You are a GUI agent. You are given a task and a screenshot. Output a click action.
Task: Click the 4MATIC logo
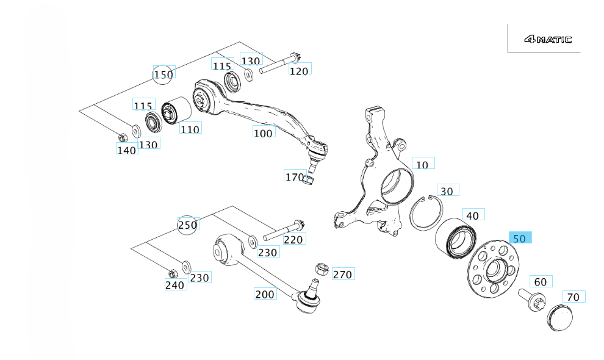pyautogui.click(x=547, y=40)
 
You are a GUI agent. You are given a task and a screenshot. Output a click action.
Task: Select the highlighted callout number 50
pyautogui.click(x=520, y=238)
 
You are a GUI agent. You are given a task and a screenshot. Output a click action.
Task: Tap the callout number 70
pyautogui.click(x=573, y=297)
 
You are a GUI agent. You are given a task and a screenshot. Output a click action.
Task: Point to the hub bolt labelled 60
pyautogui.click(x=530, y=300)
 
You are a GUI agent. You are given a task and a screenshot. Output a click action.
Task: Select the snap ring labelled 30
pyautogui.click(x=423, y=214)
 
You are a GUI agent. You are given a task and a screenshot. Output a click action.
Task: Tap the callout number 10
pyautogui.click(x=423, y=164)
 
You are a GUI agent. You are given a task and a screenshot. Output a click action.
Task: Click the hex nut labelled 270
pyautogui.click(x=322, y=268)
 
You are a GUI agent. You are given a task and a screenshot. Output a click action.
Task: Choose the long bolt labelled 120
pyautogui.click(x=281, y=65)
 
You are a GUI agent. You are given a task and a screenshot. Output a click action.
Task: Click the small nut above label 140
pyautogui.click(x=121, y=135)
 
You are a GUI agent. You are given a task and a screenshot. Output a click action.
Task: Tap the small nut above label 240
pyautogui.click(x=172, y=272)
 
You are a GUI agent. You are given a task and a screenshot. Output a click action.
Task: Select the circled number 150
pyautogui.click(x=163, y=74)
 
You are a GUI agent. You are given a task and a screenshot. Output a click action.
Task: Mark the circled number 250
pyautogui.click(x=188, y=225)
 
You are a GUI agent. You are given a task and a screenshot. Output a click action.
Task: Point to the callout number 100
pyautogui.click(x=264, y=132)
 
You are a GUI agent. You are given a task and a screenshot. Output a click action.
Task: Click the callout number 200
pyautogui.click(x=265, y=294)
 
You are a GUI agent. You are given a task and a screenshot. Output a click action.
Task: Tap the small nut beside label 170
pyautogui.click(x=309, y=179)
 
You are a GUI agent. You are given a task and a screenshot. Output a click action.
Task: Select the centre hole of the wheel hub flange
pyautogui.click(x=494, y=268)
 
